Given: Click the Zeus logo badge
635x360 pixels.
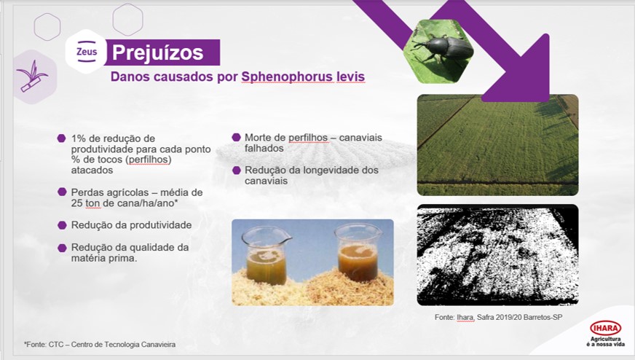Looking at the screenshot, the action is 86,52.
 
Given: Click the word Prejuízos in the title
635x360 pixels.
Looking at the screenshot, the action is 157,52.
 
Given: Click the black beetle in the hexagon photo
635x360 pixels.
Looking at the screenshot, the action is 444,49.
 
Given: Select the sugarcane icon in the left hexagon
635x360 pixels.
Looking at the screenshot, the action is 32,76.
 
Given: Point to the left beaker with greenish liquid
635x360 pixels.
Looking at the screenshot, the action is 266,255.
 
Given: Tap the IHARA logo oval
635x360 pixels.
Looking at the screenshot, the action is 605,328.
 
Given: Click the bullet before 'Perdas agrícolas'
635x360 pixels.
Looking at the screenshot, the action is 62,192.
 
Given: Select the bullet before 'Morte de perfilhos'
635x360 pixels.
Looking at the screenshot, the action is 236,138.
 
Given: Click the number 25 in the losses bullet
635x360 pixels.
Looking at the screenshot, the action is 76,203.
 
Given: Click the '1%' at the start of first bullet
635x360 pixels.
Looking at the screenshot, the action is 79,138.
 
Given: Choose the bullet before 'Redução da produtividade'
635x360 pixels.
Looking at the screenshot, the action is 62,225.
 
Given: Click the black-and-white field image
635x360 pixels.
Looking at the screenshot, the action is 497,254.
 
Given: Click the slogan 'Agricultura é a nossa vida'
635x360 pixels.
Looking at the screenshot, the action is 605,341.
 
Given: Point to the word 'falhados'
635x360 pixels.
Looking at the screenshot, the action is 264,149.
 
